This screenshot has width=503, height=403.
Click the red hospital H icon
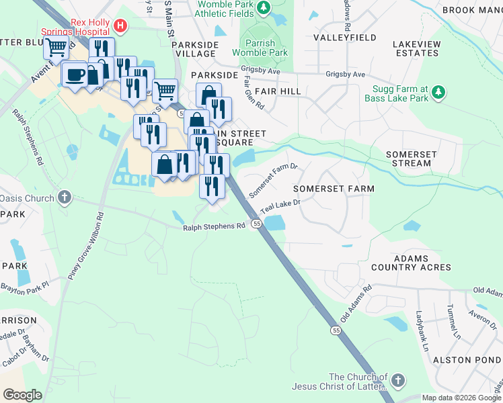[x=120, y=26]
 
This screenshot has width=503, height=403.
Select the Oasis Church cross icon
[x=65, y=197]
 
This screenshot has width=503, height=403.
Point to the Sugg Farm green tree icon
[x=438, y=91]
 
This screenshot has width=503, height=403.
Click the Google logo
[x=23, y=395]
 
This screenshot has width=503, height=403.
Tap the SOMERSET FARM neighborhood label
[x=334, y=189]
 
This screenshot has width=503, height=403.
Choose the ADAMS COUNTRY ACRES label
[x=412, y=262]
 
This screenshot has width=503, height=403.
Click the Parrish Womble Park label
[x=260, y=48]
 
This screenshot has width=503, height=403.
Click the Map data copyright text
[x=461, y=397]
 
